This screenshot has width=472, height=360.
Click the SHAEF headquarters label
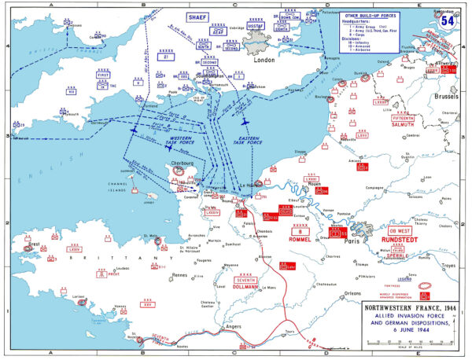[x=196, y=16]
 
